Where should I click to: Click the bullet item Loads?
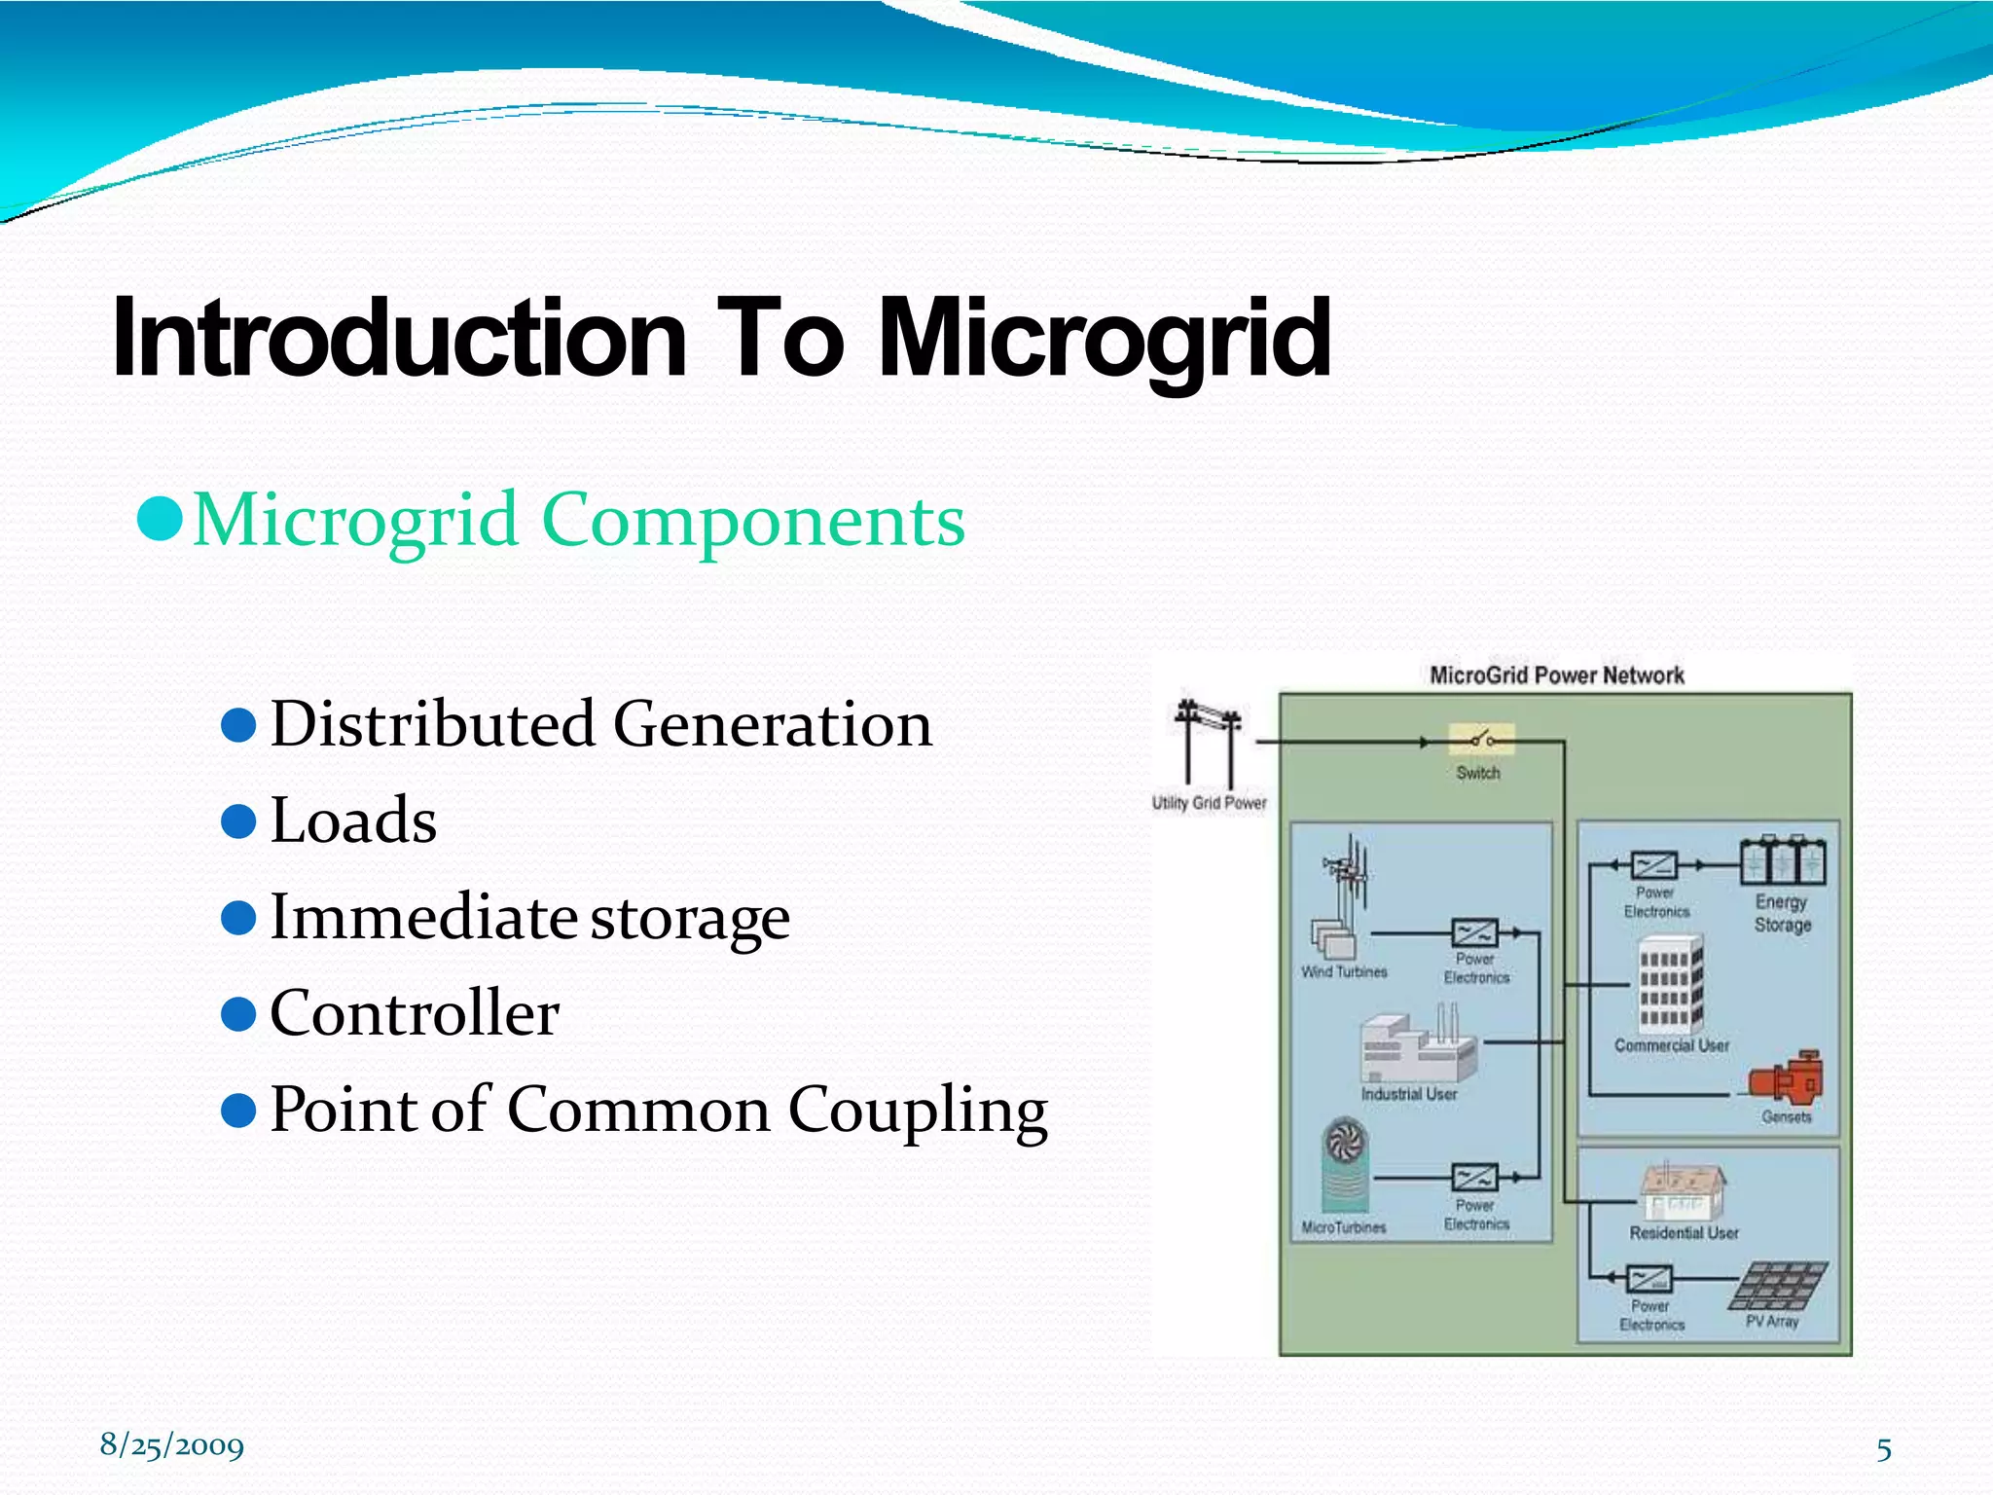353,820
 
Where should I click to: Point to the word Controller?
415,1013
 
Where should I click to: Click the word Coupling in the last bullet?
918,1110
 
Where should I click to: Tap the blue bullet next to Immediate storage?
238,917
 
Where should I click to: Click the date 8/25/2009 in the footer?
172,1445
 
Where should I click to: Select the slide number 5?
1884,1450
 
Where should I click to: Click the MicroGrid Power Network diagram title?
1556,675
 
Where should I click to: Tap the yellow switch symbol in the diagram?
1481,740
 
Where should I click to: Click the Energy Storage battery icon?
1783,860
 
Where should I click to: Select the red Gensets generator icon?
1787,1077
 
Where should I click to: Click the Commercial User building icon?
1671,985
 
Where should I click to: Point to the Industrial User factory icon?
1417,1046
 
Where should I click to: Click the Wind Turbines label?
1344,971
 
